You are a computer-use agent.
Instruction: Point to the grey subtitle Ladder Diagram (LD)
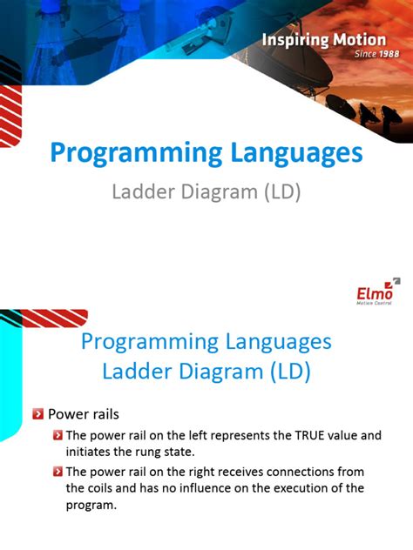pyautogui.click(x=206, y=191)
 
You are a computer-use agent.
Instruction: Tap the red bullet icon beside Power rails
pyautogui.click(x=37, y=414)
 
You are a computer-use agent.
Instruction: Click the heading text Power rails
pyautogui.click(x=83, y=414)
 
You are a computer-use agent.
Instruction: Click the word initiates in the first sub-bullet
pyautogui.click(x=90, y=452)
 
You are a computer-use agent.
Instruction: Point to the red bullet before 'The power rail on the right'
pyautogui.click(x=58, y=472)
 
